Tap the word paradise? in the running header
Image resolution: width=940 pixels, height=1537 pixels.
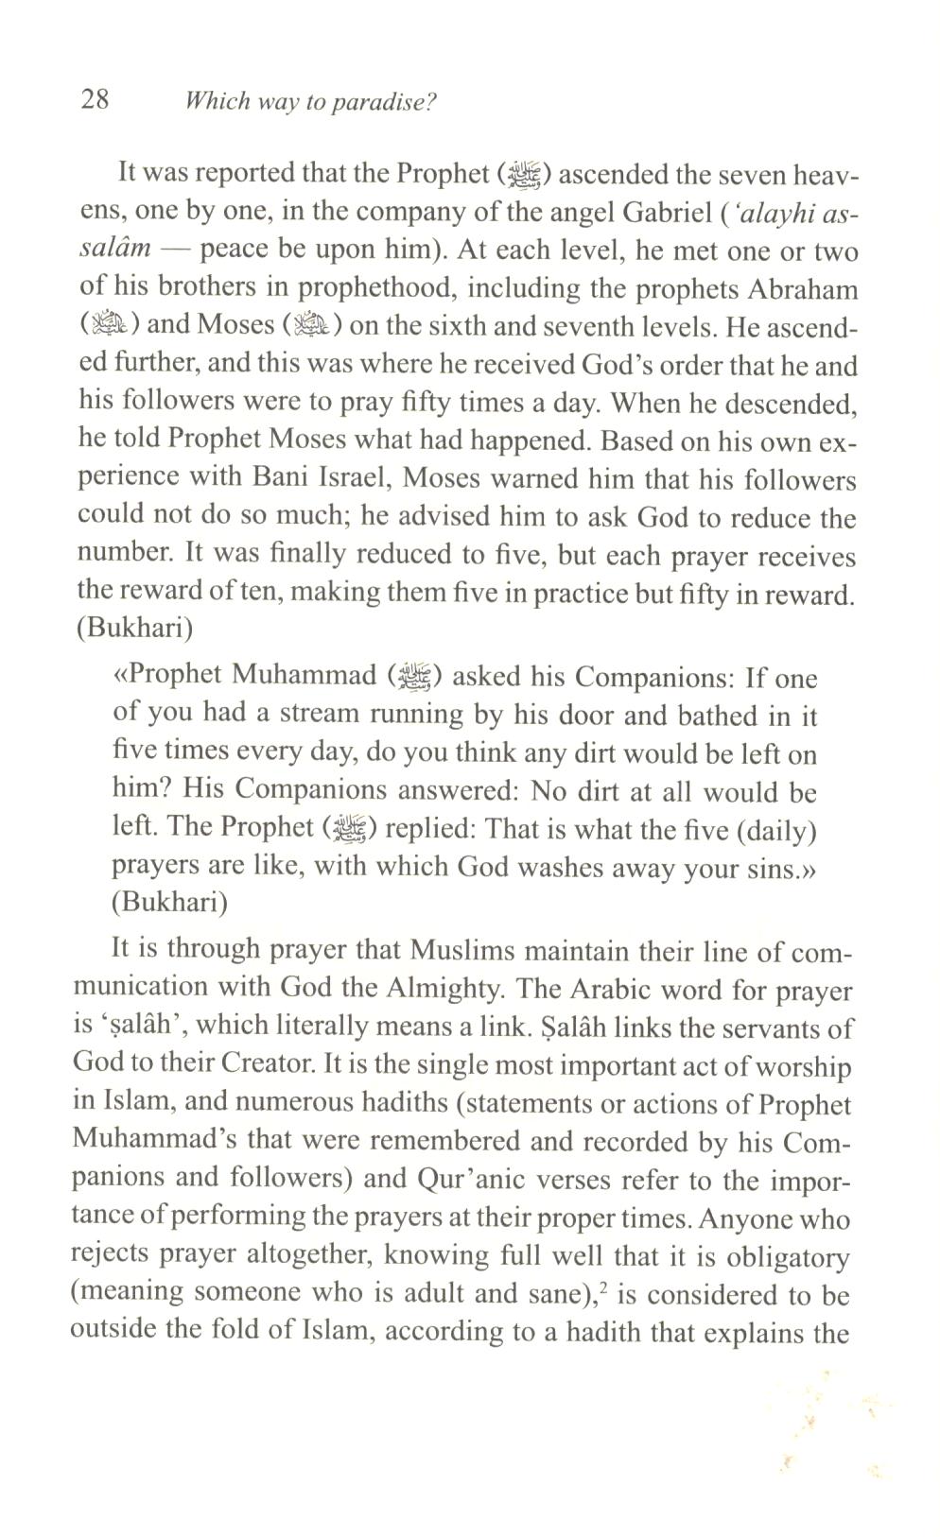(x=384, y=102)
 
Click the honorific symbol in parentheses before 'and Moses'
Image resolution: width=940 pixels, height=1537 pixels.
(x=110, y=325)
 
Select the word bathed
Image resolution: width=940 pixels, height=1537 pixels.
(x=690, y=716)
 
